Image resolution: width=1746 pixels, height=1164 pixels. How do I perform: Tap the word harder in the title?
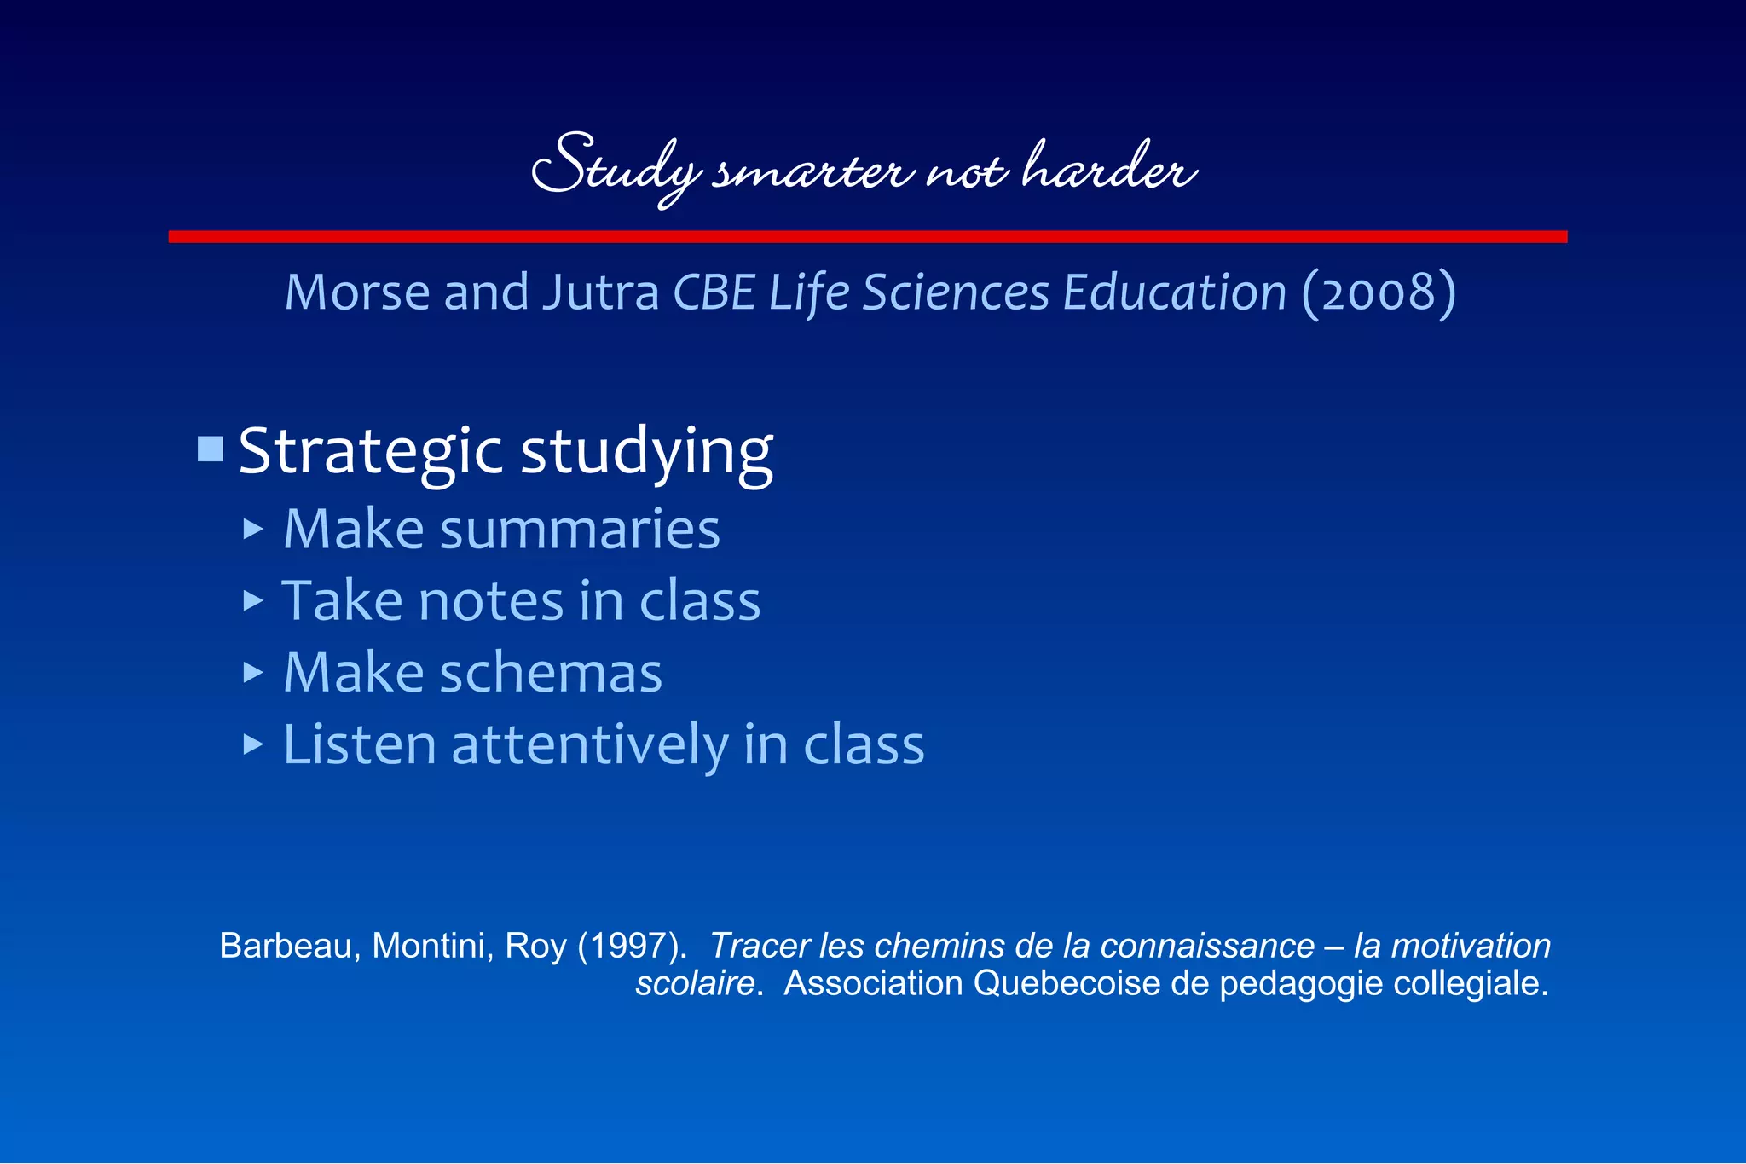(1108, 167)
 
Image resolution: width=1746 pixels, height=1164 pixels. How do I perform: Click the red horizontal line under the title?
(868, 236)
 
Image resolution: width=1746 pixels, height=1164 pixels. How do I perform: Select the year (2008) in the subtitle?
(1379, 293)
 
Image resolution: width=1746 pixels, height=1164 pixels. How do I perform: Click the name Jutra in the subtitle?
(601, 293)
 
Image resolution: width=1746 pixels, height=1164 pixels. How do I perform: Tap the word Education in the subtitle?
(1174, 293)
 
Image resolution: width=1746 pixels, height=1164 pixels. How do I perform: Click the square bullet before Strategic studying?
(211, 449)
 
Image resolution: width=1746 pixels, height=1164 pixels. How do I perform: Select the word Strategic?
(370, 452)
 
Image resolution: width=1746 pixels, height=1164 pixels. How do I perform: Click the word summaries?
(580, 530)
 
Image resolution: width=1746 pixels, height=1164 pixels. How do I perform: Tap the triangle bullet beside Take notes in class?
(252, 601)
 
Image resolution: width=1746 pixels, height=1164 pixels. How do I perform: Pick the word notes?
(491, 601)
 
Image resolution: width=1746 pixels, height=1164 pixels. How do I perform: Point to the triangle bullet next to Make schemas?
(252, 673)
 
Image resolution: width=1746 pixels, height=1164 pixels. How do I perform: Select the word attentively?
(590, 745)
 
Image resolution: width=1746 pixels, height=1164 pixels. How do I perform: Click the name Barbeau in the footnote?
(283, 947)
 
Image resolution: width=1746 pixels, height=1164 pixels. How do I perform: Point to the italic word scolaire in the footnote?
(695, 984)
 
